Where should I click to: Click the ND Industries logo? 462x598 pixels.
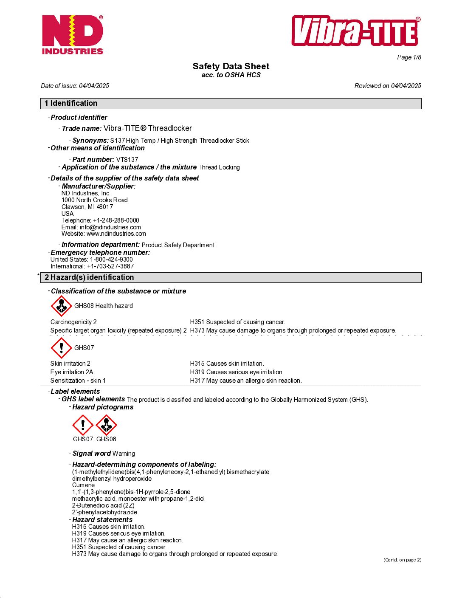click(73, 35)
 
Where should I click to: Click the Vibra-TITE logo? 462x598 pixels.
click(356, 31)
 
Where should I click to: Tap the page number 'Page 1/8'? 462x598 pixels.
click(409, 57)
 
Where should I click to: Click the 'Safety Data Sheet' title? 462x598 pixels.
click(231, 66)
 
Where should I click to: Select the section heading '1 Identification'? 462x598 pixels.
click(71, 103)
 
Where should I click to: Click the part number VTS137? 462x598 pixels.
click(127, 160)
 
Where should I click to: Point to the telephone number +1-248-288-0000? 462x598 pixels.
click(116, 220)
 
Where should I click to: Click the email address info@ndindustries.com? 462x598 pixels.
click(110, 227)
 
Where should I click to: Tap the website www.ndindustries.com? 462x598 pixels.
click(116, 234)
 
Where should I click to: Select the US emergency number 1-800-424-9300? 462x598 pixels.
click(111, 260)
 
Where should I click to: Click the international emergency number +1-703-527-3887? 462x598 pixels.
click(110, 266)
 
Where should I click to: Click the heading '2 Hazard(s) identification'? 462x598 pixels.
click(90, 277)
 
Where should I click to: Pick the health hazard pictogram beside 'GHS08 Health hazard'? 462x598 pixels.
click(62, 306)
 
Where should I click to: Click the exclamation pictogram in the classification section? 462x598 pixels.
click(62, 348)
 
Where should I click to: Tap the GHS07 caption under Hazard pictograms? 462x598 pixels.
click(83, 439)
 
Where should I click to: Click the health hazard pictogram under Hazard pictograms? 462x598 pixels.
click(106, 425)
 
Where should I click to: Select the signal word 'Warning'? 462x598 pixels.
click(124, 454)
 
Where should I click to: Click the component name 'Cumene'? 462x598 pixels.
click(84, 485)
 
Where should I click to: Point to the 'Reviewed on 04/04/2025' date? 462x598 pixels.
click(388, 86)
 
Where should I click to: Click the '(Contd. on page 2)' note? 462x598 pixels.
click(402, 560)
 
